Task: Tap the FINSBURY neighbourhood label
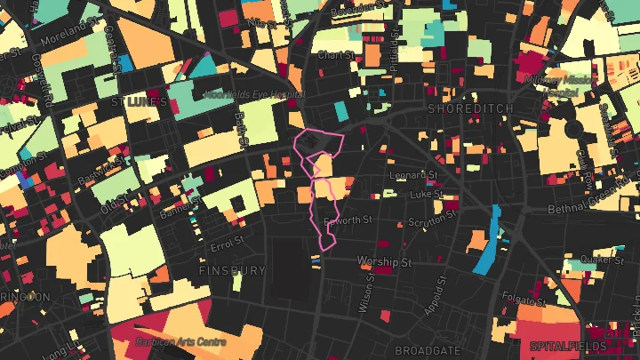233,270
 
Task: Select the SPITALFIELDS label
567,345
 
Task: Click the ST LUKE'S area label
139,102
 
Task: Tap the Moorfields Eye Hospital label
254,93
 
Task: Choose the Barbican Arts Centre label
181,341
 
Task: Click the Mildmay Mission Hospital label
566,85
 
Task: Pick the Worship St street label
385,262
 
